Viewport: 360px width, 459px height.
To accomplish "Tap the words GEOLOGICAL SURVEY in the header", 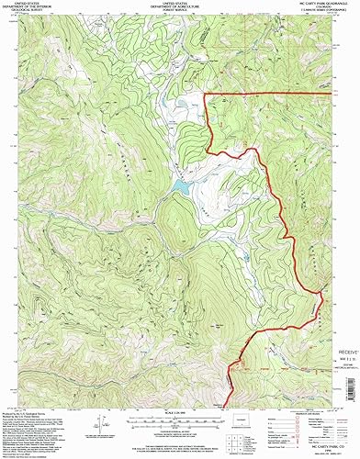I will point(41,12).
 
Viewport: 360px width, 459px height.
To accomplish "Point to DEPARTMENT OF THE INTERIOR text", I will point(41,8).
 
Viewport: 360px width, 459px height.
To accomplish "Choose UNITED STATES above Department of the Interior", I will point(41,5).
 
